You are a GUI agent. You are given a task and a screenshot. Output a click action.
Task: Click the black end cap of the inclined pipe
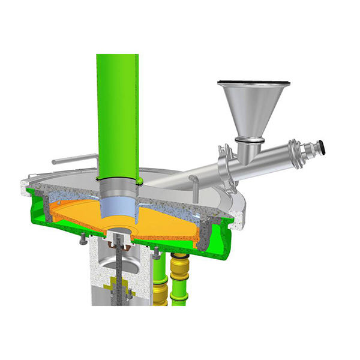[x=322, y=145]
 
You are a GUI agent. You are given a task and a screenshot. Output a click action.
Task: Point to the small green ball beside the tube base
[x=139, y=178]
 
